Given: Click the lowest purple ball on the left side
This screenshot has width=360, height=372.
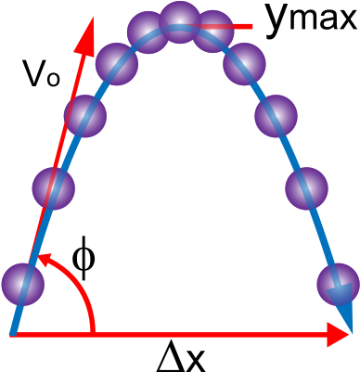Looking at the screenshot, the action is [x=23, y=284].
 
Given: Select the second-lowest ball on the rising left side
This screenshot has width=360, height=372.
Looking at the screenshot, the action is [x=53, y=188].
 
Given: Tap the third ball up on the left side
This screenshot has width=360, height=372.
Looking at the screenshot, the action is [x=84, y=116].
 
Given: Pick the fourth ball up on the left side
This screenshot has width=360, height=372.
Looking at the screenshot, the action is [x=117, y=64].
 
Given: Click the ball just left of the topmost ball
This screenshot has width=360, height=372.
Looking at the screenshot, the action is [x=148, y=32].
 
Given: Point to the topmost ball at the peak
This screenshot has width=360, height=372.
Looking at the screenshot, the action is [x=180, y=22].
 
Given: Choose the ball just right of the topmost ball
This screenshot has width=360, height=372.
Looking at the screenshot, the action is [x=212, y=32].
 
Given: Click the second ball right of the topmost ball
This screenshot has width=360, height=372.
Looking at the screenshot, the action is [x=244, y=63].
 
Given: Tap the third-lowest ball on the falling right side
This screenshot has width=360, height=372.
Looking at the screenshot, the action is [x=276, y=116].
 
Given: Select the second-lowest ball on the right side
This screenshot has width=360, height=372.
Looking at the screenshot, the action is [x=306, y=188].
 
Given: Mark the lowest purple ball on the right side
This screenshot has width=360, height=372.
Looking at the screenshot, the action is [x=338, y=284].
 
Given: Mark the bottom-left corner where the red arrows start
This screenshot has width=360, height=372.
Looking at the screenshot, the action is [x=13, y=334].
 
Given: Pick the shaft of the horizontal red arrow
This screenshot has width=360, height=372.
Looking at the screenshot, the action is [x=186, y=334].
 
